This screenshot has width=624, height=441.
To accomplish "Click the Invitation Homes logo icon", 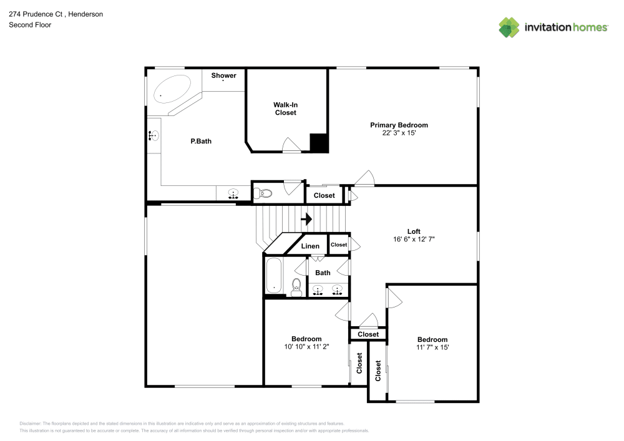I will point(509,27).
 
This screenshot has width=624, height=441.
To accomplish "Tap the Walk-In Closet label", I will point(285,109).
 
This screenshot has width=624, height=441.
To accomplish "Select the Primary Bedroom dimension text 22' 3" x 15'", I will point(399,133).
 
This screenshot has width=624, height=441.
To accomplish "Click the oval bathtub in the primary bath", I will point(172,91).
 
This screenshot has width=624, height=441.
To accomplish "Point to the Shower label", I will point(223,75).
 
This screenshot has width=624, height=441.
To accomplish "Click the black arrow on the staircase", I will point(306,219).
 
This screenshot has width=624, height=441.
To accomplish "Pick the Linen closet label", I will point(310,246).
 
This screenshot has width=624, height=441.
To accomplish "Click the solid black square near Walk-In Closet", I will point(319,143).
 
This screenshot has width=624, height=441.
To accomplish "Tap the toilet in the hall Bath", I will point(297,286).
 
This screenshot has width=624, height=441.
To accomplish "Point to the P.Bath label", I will point(201,141).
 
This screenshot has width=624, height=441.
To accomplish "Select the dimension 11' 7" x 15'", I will point(432,347).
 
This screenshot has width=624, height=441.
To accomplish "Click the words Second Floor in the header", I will point(30,25).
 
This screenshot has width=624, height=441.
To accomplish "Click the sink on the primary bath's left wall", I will point(154,135).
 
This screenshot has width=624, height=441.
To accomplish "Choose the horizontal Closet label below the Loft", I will point(368,334).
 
